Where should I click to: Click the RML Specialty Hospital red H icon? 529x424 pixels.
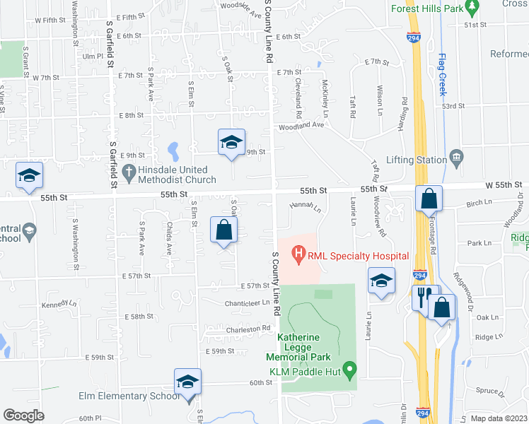tap(298, 252)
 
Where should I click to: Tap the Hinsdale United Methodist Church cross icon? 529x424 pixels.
tap(129, 171)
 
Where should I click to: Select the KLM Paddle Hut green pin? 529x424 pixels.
tap(354, 370)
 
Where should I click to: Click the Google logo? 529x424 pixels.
tap(23, 415)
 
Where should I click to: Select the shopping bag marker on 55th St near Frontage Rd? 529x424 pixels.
tap(429, 199)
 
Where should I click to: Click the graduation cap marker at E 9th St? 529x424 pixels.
tap(231, 143)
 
